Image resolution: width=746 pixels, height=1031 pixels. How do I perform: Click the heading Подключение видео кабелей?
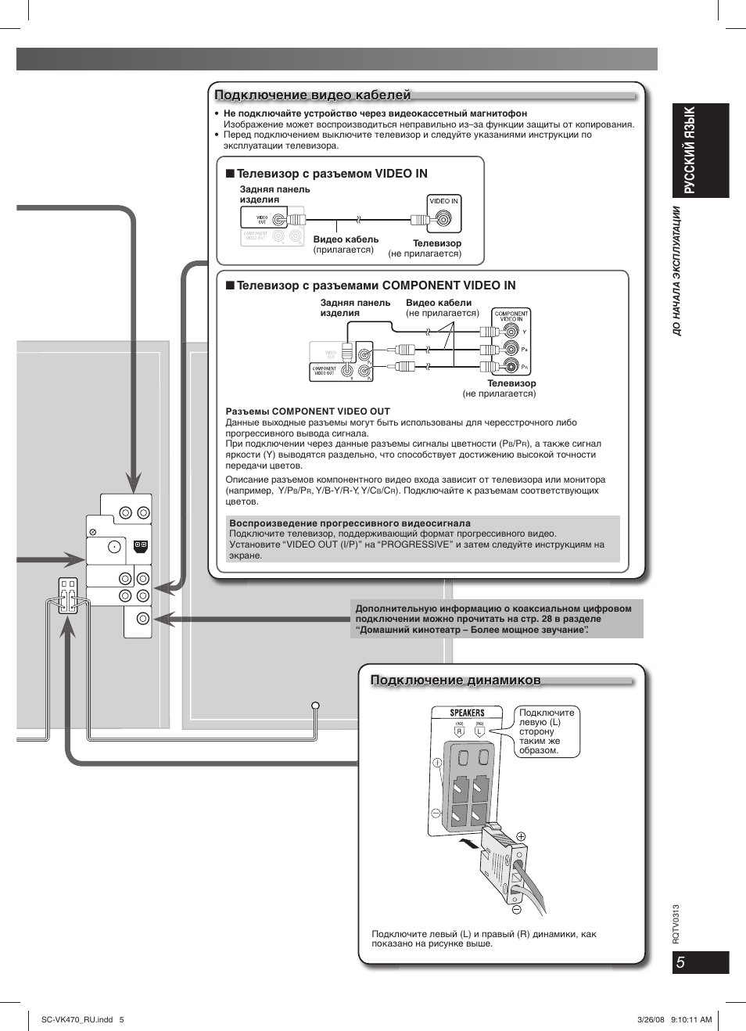pos(312,95)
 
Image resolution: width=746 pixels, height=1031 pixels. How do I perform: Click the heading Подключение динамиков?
pos(455,681)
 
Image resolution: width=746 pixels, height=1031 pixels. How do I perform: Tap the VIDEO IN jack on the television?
pos(443,219)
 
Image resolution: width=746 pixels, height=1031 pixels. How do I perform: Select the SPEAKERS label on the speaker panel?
pos(467,713)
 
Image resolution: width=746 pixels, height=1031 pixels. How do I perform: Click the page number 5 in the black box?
pos(681,962)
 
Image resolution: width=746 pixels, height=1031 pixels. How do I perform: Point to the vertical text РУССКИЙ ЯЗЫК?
pos(689,149)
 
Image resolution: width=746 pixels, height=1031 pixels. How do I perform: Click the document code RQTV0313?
pos(676,924)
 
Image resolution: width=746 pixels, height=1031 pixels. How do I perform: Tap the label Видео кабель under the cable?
pos(346,239)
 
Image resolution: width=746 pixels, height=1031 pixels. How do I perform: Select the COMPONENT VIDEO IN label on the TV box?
pos(511,316)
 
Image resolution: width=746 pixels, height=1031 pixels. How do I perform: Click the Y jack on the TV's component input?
pos(511,331)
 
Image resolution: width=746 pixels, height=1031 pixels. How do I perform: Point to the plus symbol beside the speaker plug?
pos(522,836)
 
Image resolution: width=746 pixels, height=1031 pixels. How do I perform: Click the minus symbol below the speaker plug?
pos(516,910)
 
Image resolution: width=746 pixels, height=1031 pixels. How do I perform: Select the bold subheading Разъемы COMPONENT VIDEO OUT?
pos(307,411)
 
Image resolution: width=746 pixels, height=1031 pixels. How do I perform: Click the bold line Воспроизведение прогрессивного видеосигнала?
pos(350,523)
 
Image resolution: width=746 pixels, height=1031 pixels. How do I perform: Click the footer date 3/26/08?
pos(651,1019)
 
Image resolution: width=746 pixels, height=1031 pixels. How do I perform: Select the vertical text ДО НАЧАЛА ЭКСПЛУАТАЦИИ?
pos(677,271)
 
